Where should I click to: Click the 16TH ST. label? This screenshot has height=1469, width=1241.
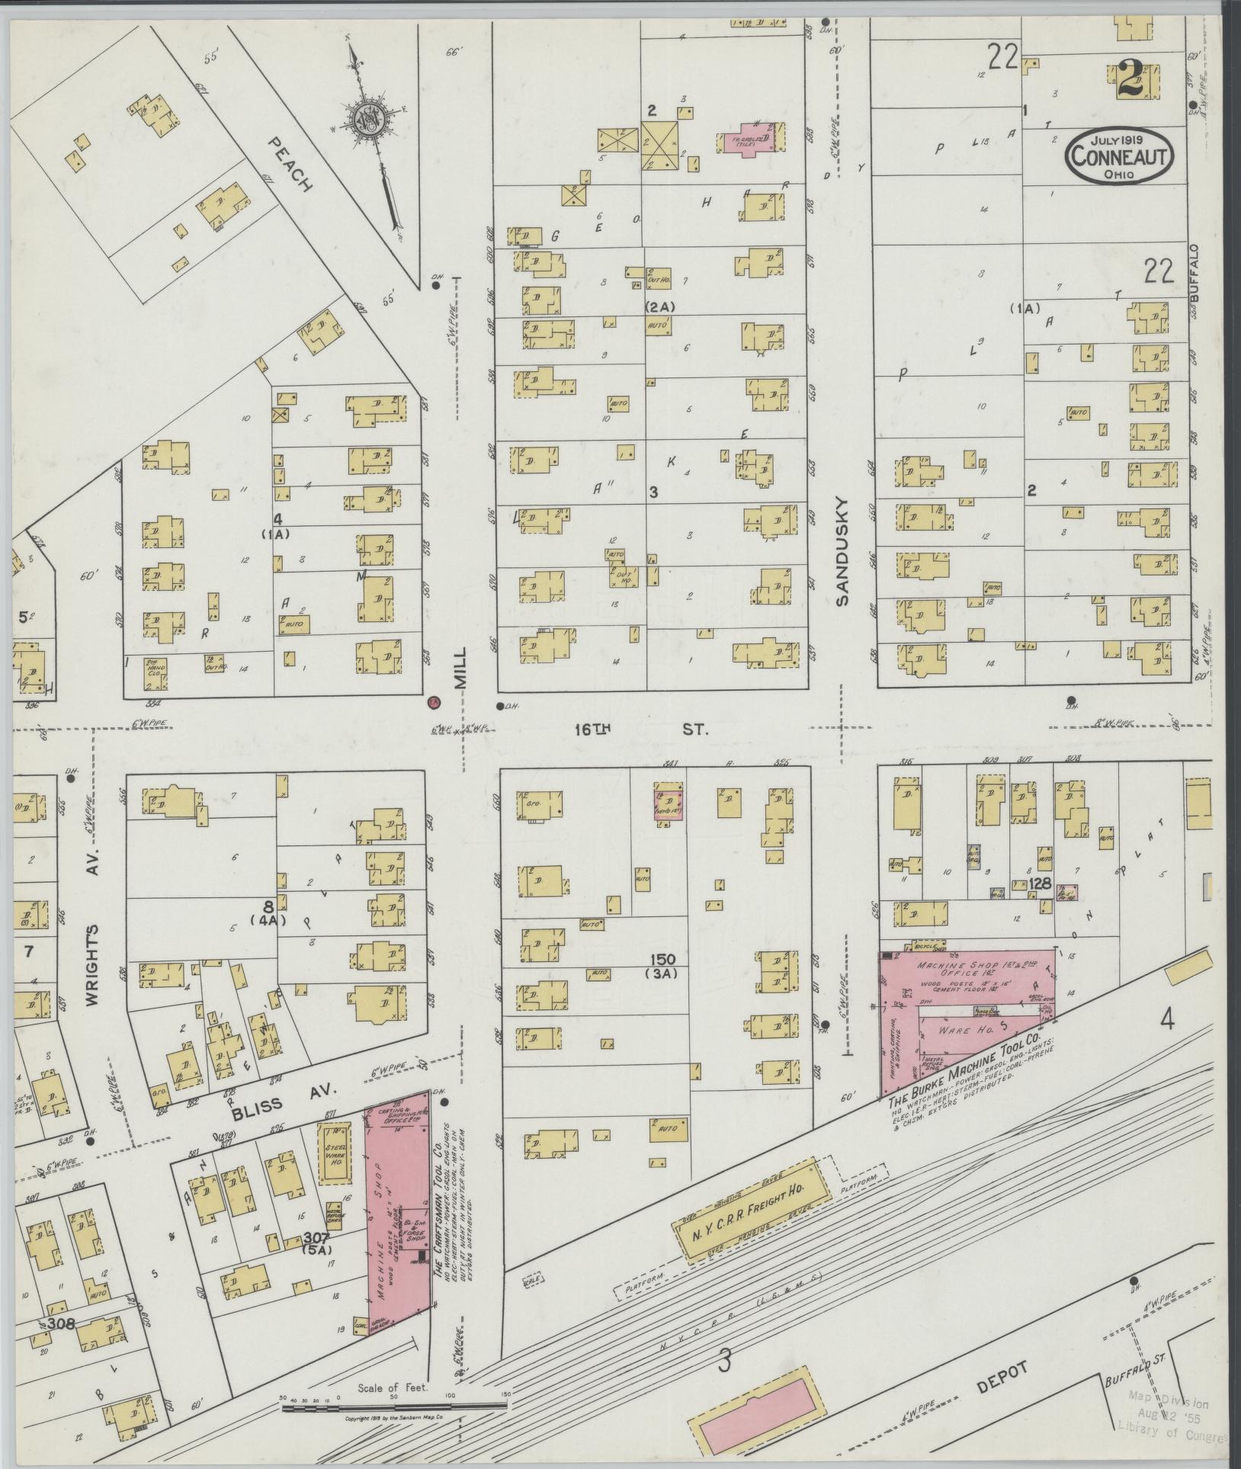(641, 730)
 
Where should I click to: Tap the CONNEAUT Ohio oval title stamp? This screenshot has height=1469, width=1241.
(1119, 156)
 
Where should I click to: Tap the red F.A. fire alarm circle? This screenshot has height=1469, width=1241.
(432, 701)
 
